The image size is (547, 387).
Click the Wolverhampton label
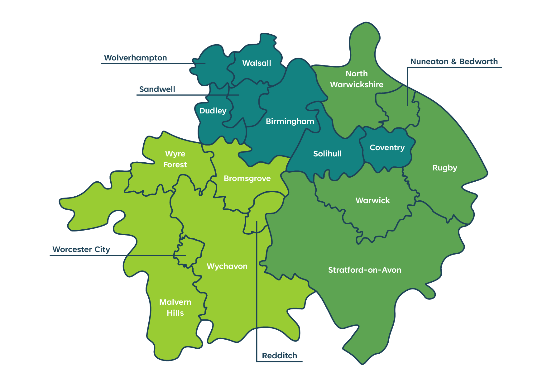[x=135, y=58]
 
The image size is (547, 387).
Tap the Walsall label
[x=257, y=63]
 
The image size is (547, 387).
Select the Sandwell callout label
[x=157, y=89]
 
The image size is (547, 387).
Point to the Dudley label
[x=213, y=111]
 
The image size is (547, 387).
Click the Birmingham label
[x=290, y=122]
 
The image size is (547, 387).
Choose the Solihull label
[x=327, y=154]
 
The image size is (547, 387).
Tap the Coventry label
[x=387, y=148]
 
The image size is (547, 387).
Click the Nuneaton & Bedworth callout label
[x=454, y=62]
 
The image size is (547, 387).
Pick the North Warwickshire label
[x=357, y=79]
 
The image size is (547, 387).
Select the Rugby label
[x=445, y=168]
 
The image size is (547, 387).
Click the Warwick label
[x=372, y=201]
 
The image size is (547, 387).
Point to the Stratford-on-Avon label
[x=365, y=270]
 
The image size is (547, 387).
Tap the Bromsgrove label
[x=247, y=179]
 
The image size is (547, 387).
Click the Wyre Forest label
[x=175, y=159]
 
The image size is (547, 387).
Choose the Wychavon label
[x=227, y=266]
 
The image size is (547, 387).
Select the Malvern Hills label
[x=175, y=308]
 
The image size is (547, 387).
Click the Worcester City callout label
[x=81, y=250]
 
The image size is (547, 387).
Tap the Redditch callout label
[x=279, y=356]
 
